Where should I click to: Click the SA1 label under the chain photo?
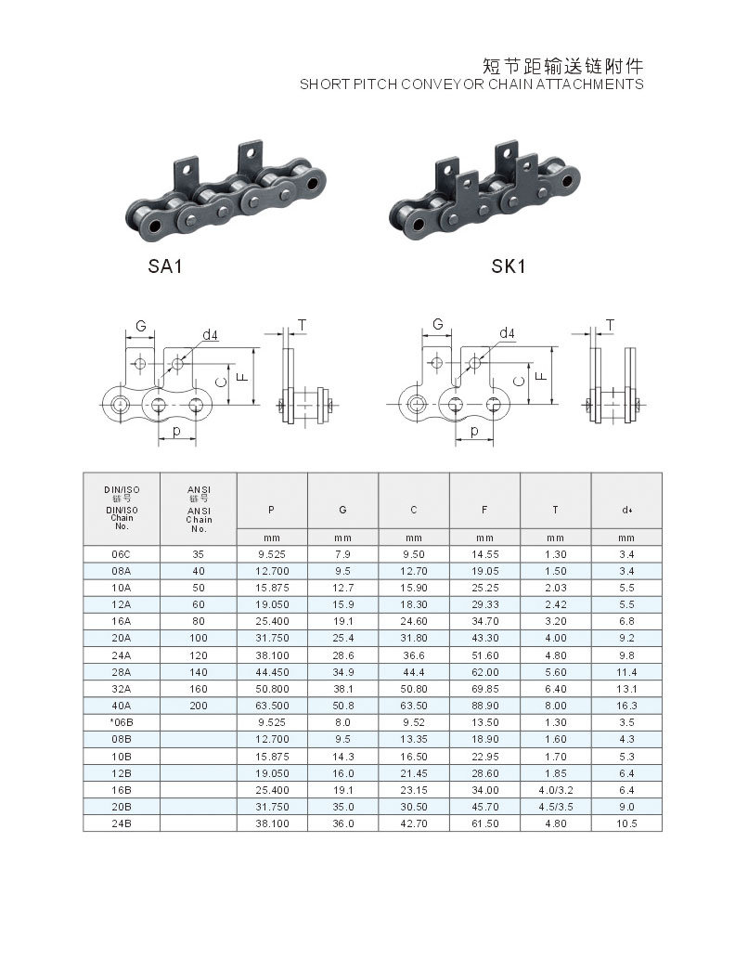[x=165, y=266]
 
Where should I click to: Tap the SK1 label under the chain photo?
[x=509, y=266]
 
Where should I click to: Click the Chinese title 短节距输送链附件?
[x=562, y=66]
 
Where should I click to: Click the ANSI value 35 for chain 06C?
[x=199, y=554]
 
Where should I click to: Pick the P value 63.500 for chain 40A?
[x=272, y=706]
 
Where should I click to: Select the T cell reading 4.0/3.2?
[x=555, y=790]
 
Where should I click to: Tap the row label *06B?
[x=121, y=722]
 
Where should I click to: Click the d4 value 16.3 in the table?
[x=626, y=706]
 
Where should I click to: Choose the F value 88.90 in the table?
[x=485, y=706]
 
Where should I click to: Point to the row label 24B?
[x=121, y=823]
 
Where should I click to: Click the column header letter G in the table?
[x=342, y=510]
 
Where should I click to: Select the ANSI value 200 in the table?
[x=199, y=706]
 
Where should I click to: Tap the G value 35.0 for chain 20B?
[x=342, y=807]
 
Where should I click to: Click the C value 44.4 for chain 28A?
[x=414, y=671]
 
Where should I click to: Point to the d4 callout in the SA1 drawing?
[x=210, y=334]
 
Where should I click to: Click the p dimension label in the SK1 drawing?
[x=474, y=431]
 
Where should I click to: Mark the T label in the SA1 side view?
[x=302, y=325]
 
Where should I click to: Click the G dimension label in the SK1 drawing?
[x=438, y=324]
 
